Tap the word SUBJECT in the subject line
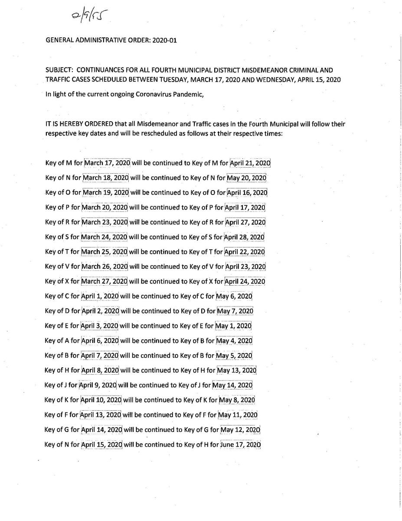(59, 70)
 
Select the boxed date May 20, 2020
(247, 178)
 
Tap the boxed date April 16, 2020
(247, 193)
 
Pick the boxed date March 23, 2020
(105, 222)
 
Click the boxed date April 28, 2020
(244, 237)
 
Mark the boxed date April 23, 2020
(245, 267)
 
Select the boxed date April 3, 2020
(100, 326)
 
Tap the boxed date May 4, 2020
(234, 341)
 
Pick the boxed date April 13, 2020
(101, 415)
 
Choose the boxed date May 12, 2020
(240, 430)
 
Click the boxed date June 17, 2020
(241, 445)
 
